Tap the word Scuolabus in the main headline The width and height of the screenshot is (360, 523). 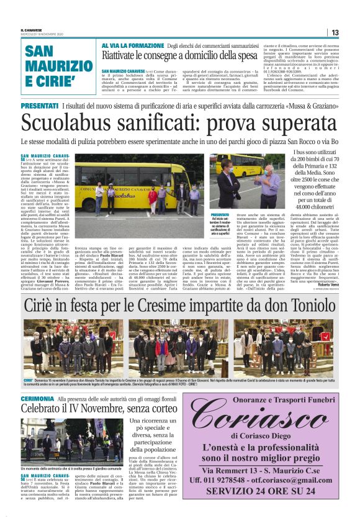click(66, 124)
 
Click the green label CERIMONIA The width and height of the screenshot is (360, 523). click(37, 398)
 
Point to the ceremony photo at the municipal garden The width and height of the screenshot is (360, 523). click(72, 442)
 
